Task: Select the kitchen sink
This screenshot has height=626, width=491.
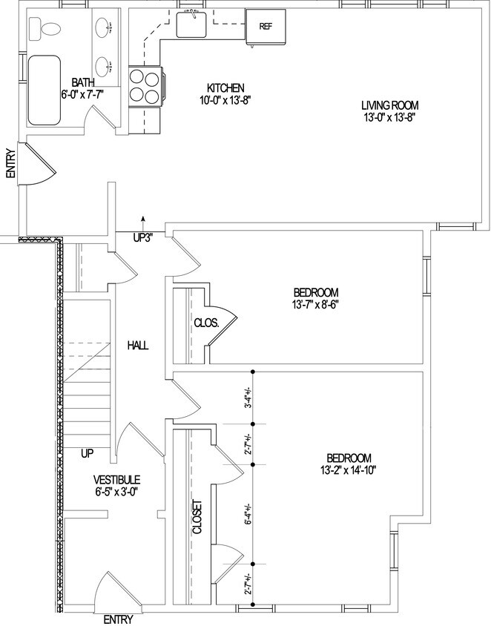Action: point(191,23)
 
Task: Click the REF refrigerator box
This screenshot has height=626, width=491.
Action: point(266,27)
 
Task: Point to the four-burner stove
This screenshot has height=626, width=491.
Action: point(144,86)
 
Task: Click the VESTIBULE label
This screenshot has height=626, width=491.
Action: point(117,479)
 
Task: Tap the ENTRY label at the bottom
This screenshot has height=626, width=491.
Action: point(119,619)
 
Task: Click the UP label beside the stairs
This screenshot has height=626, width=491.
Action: point(88,451)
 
